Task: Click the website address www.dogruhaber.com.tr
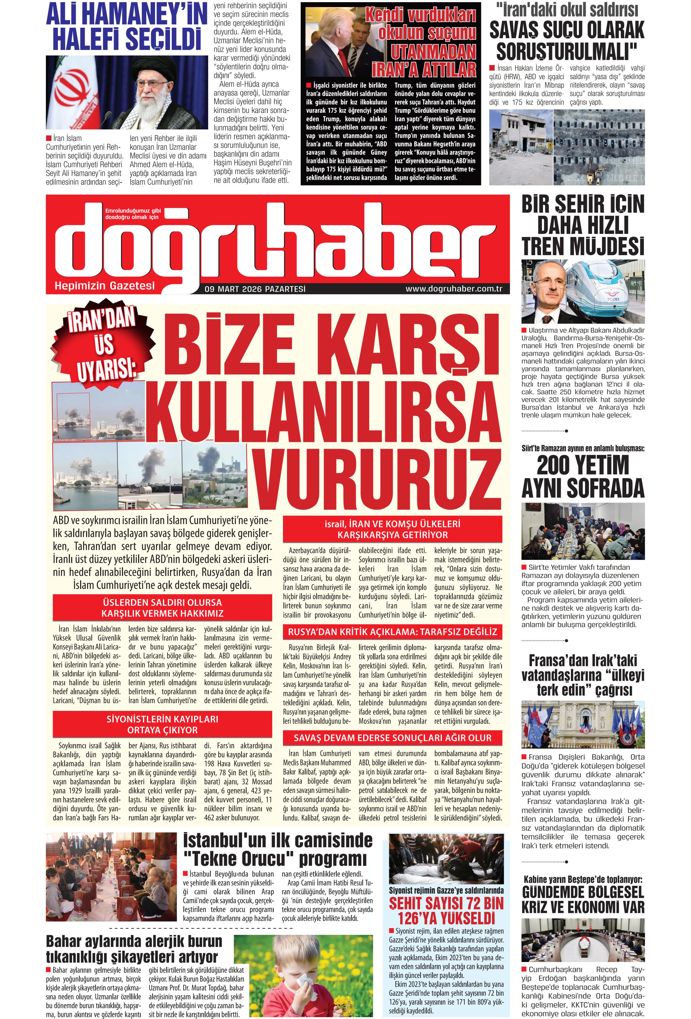click(x=454, y=289)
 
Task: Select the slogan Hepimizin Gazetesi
click(x=104, y=286)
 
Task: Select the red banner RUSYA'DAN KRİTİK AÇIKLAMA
click(x=393, y=632)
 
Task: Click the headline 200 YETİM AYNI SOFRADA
click(x=583, y=477)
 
